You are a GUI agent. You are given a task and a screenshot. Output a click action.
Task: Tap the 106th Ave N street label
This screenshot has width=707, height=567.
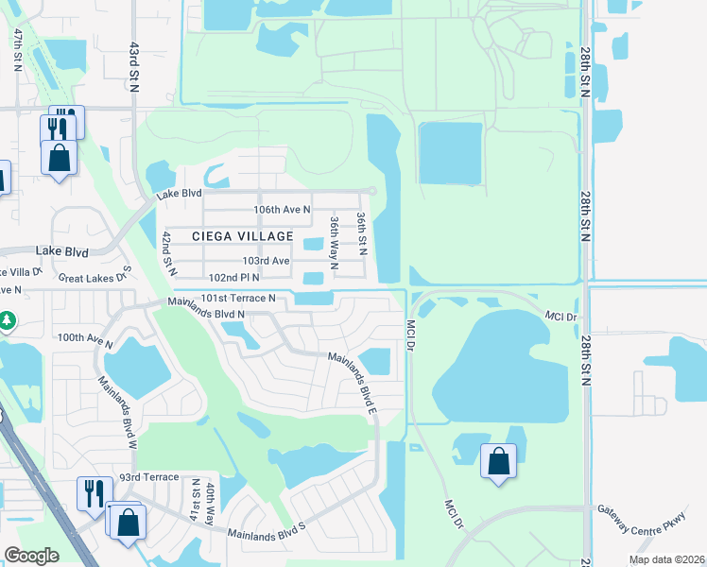coord(283,209)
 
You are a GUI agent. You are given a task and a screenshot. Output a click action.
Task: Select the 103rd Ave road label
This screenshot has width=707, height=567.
coord(266,260)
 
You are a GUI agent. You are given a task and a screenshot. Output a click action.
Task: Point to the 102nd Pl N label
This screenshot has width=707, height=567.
coord(234,278)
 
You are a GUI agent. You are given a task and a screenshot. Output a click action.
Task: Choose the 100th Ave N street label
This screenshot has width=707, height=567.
coord(84,336)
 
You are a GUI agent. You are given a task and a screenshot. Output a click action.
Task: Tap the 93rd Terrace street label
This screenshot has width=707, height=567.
coord(148,477)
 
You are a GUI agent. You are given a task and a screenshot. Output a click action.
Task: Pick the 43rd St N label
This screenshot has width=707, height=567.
coord(134,66)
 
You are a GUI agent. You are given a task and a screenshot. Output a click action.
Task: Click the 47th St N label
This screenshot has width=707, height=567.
coord(18,49)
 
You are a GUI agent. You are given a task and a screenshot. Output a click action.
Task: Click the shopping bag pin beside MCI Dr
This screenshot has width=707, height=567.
coord(498,461)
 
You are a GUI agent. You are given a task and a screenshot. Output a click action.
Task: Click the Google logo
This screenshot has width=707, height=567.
coord(31,555)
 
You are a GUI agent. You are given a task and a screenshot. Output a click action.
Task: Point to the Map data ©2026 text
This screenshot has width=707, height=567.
coord(666,559)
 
